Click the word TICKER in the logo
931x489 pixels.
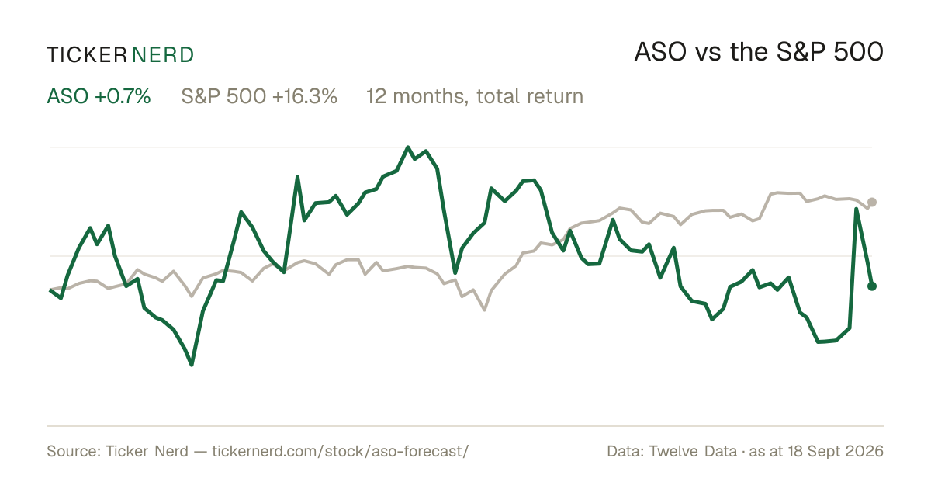pos(86,55)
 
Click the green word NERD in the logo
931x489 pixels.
pos(162,55)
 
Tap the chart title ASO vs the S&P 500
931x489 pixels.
pos(759,52)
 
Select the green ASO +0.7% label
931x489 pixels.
pos(99,96)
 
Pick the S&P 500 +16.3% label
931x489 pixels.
pos(259,96)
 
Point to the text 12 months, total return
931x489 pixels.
pos(475,97)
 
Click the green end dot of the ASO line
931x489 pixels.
pos(872,286)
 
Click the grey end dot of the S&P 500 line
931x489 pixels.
pos(872,202)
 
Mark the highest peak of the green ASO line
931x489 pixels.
pos(408,147)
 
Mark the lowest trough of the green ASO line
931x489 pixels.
pos(192,365)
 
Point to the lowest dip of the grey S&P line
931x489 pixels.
pos(485,310)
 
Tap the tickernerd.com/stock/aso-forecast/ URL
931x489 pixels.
pos(341,451)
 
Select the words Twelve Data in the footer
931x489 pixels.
pos(693,451)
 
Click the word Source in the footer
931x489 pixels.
pos(71,451)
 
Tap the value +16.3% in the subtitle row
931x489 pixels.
pos(305,96)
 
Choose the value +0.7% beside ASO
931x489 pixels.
pos(123,96)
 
